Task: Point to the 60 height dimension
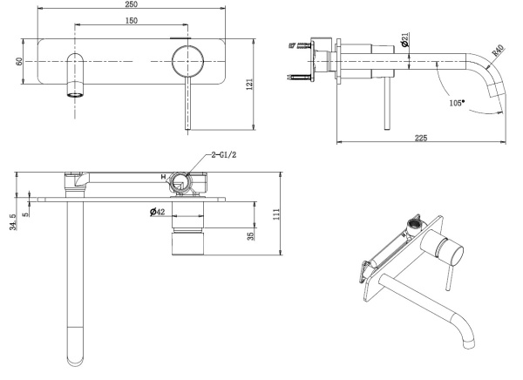pyautogui.click(x=18, y=63)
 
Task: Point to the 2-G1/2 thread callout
pyautogui.click(x=224, y=157)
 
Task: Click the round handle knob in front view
pyautogui.click(x=188, y=63)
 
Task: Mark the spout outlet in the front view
pyautogui.click(x=76, y=92)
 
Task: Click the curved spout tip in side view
pyautogui.click(x=500, y=106)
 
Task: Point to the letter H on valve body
pyautogui.click(x=162, y=177)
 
